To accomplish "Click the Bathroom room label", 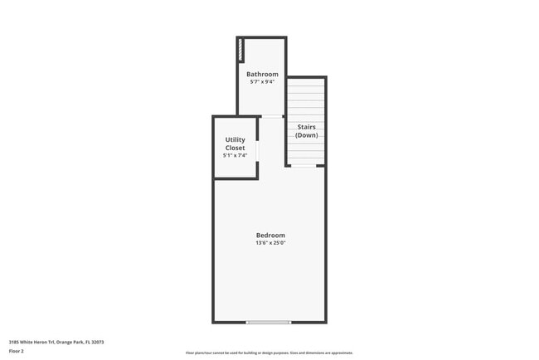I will [262, 75].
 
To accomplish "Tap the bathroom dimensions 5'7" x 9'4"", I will [262, 82].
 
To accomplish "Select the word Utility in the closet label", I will [235, 140].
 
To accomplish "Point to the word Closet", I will [235, 148].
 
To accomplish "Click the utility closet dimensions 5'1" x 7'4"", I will [235, 155].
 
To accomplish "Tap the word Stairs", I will [306, 127].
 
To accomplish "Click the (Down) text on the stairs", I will [306, 134].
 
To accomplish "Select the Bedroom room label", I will [270, 235].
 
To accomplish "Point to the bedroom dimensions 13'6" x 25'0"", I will [270, 243].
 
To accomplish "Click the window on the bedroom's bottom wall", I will [269, 322].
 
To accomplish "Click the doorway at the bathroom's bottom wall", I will [271, 116].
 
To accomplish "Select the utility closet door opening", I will [256, 151].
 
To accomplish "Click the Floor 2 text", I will [17, 351].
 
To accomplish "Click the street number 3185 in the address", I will [14, 341].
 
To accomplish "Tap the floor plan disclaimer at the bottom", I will [269, 353].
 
